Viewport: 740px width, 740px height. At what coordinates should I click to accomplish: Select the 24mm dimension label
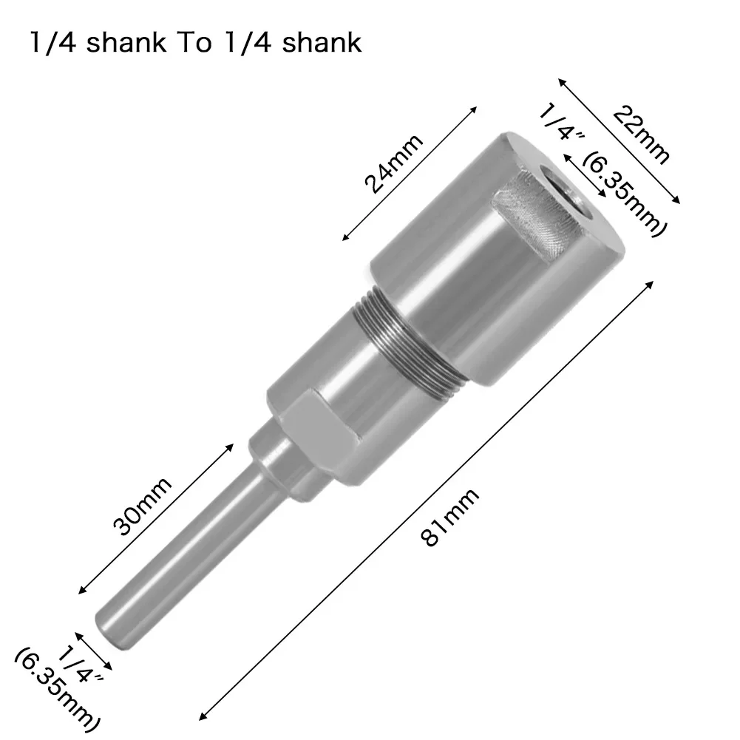pos(395,163)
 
